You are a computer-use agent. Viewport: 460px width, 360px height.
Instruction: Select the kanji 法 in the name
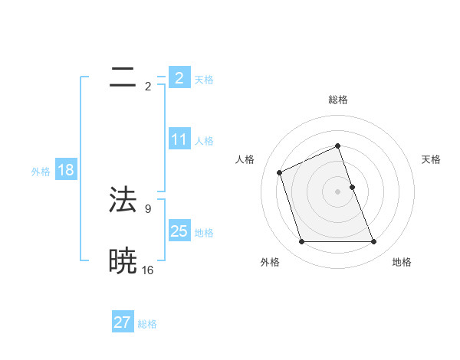123,200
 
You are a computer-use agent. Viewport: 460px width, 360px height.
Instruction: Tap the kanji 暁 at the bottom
123,261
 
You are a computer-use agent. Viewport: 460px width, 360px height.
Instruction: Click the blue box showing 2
179,78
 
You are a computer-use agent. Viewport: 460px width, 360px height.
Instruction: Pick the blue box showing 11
179,139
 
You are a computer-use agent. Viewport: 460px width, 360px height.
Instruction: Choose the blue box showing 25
179,231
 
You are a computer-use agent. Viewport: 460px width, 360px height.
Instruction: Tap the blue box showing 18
66,170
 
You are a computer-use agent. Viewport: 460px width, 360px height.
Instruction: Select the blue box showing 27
123,322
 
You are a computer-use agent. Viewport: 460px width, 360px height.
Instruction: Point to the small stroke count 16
147,270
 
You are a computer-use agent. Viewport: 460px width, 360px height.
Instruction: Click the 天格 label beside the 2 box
204,80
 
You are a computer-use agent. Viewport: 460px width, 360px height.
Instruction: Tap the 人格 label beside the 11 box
204,141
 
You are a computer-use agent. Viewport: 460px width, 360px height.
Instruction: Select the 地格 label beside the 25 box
204,233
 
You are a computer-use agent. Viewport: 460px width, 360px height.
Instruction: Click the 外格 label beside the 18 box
41,172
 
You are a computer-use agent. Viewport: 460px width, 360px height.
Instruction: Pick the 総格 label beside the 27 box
147,324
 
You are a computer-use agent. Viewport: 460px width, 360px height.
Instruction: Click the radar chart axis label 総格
337,100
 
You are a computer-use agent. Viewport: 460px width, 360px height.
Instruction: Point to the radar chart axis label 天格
432,159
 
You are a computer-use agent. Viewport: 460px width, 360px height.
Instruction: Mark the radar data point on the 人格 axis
280,172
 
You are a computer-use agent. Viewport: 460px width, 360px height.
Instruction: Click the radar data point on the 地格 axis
373,242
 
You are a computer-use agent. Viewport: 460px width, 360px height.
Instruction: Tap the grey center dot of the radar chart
337,191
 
